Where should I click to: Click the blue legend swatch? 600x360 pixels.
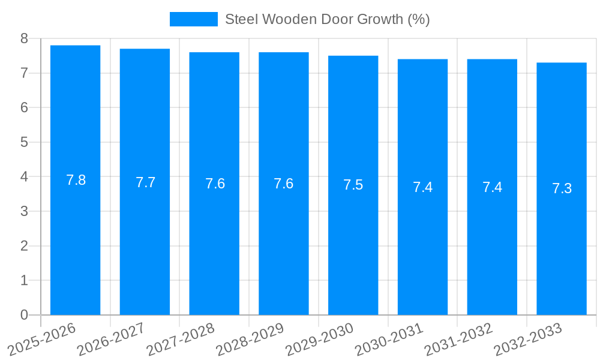(x=193, y=19)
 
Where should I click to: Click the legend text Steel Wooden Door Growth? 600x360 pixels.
(x=327, y=19)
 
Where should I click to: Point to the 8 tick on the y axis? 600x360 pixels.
(x=24, y=39)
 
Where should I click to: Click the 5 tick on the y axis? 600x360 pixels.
(x=24, y=142)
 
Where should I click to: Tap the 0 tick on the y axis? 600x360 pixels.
(x=24, y=315)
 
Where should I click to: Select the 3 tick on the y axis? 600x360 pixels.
(x=24, y=211)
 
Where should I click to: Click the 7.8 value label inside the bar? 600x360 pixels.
(x=76, y=180)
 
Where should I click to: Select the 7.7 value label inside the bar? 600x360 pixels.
(x=145, y=182)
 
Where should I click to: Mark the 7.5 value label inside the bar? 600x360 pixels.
(x=353, y=185)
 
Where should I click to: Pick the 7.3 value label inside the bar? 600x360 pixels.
(x=562, y=188)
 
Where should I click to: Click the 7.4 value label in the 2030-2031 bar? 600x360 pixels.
(x=422, y=187)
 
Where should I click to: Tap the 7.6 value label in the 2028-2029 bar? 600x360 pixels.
(x=283, y=184)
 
